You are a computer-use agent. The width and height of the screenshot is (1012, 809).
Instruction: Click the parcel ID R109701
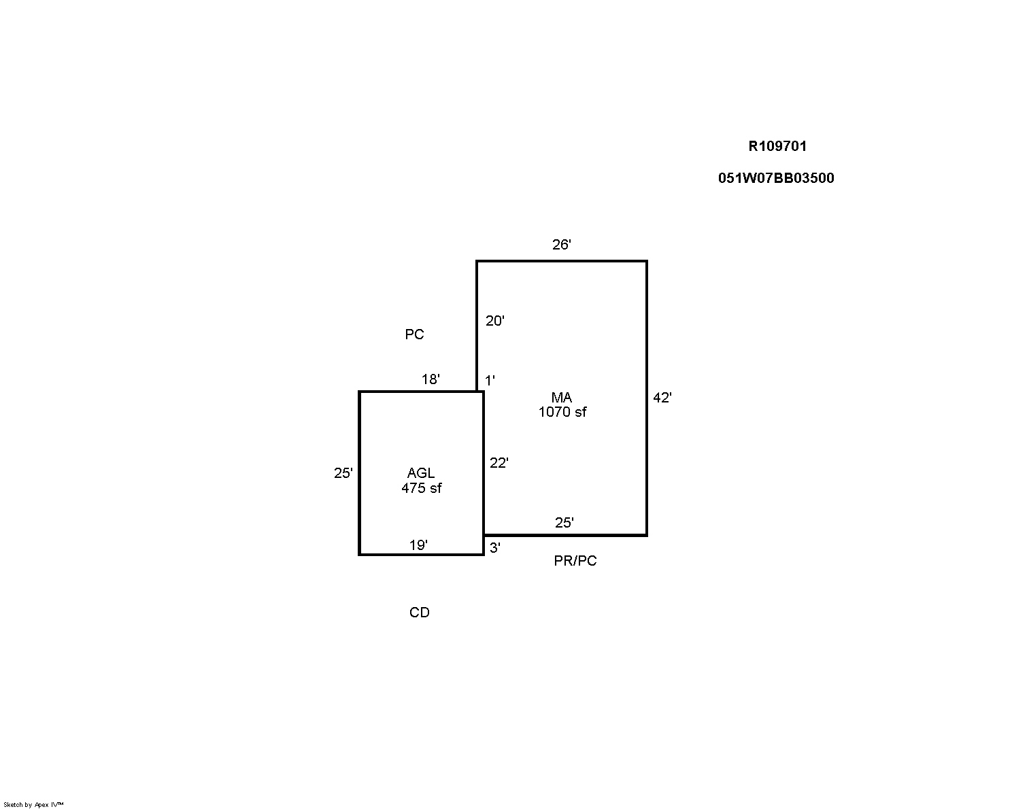point(777,146)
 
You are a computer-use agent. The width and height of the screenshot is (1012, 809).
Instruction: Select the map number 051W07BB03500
point(776,178)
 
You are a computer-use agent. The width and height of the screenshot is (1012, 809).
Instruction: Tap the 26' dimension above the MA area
point(561,245)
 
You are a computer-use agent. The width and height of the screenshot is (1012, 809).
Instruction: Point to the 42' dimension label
point(662,398)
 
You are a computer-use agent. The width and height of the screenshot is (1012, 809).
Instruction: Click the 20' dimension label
point(494,321)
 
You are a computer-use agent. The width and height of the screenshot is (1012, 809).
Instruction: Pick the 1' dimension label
point(490,381)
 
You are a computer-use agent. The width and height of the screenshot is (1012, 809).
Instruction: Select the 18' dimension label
point(431,379)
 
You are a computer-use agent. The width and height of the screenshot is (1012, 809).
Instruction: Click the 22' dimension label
point(499,463)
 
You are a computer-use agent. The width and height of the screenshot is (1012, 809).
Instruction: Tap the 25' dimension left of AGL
point(343,473)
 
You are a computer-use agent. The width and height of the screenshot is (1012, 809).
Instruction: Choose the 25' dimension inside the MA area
point(564,523)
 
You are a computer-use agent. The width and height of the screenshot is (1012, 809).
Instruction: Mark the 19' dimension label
point(418,545)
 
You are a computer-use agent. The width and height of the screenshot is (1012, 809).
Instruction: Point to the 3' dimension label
point(494,548)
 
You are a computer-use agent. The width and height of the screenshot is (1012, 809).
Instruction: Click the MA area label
point(561,398)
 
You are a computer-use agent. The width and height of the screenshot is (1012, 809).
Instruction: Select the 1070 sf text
point(562,412)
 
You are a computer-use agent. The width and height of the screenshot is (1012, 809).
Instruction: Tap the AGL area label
point(421,473)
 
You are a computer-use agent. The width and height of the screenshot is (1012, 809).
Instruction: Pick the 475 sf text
point(421,488)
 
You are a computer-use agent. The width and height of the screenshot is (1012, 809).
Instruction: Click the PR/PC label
point(575,561)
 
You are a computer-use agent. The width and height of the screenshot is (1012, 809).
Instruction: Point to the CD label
point(419,613)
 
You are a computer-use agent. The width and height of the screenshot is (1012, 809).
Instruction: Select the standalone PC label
point(414,334)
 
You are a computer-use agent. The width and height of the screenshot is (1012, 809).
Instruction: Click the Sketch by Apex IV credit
point(33,804)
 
